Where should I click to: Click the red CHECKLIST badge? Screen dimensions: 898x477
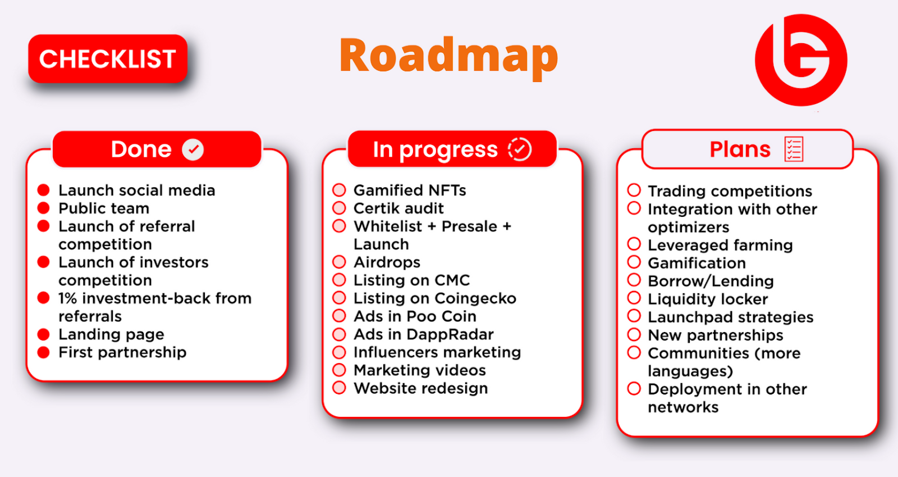[x=108, y=58]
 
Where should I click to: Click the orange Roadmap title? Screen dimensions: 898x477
[x=448, y=57]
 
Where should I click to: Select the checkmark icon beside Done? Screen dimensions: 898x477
[x=193, y=149]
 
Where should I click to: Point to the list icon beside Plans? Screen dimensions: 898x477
[x=794, y=149]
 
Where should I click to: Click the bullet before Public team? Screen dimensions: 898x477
[x=43, y=208]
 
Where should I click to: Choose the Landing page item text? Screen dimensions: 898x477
[x=112, y=334]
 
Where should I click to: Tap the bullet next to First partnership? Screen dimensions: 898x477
[x=43, y=352]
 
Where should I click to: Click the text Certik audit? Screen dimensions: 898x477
[x=398, y=208]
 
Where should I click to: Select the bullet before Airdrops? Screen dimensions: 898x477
[x=339, y=262]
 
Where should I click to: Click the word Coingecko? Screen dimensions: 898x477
[x=475, y=298]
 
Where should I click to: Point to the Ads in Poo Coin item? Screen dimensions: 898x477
[x=415, y=316]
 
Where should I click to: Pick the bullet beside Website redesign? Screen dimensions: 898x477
[x=339, y=388]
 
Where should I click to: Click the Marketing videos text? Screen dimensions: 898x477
[x=420, y=370]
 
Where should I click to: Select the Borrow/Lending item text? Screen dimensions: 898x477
[x=711, y=281]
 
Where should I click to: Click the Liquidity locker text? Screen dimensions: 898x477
[x=708, y=299]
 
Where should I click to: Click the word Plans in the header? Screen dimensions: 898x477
[x=740, y=149]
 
